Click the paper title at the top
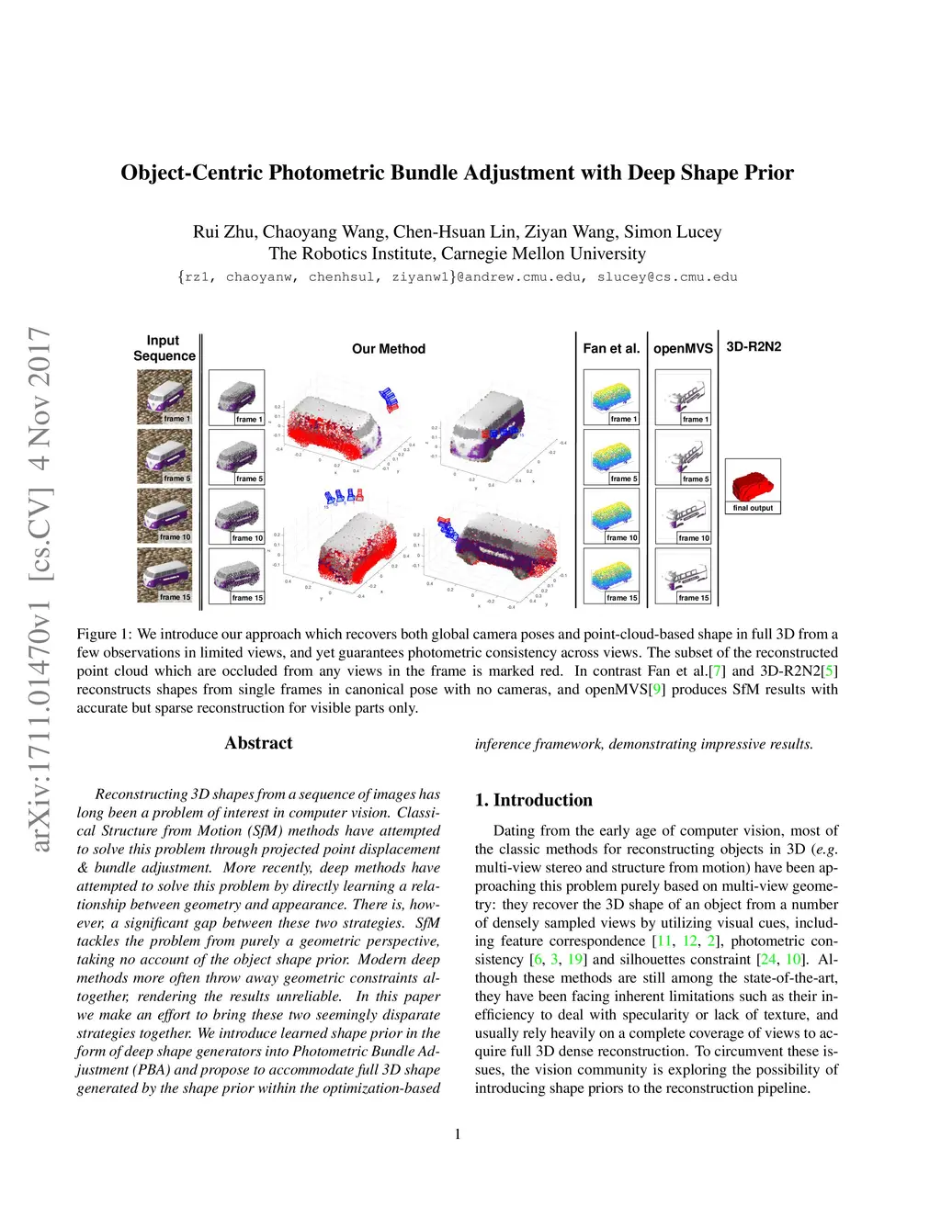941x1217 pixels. [x=457, y=173]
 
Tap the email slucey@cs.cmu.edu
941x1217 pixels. [x=667, y=276]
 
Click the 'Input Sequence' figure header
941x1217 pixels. [x=164, y=348]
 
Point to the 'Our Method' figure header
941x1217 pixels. [x=388, y=349]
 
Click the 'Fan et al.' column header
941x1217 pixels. [x=611, y=349]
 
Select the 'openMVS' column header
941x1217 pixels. [x=683, y=349]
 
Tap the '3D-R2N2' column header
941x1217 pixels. [x=754, y=347]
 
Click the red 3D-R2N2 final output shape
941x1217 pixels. [x=752, y=482]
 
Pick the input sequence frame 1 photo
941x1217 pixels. [x=164, y=396]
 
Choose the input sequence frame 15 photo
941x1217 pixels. [x=164, y=574]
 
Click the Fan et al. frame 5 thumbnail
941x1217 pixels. [x=611, y=456]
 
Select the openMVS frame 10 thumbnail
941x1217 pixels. [x=683, y=514]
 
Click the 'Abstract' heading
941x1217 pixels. [x=258, y=743]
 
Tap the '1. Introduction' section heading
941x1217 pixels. [x=533, y=800]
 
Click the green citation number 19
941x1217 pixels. [x=575, y=960]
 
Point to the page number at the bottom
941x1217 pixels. [x=458, y=1134]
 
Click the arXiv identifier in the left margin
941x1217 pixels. [x=40, y=588]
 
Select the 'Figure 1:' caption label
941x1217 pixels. [x=104, y=635]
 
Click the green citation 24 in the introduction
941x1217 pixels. [x=768, y=960]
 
